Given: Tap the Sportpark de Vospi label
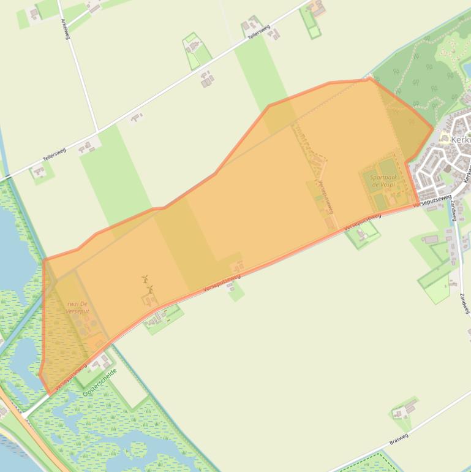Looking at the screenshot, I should click(x=383, y=181).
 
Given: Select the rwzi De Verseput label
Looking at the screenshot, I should click(x=78, y=307).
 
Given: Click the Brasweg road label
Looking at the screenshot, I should click(x=399, y=438).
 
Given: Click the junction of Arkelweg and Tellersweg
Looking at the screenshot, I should click(x=97, y=131).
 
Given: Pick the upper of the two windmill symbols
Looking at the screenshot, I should click(x=145, y=279).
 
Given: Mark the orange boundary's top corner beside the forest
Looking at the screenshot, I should click(x=369, y=78).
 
